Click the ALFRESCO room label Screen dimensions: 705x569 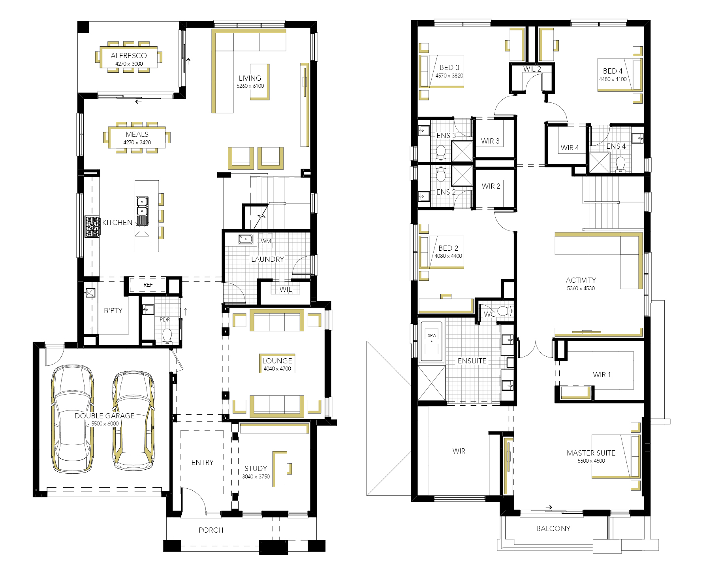129,56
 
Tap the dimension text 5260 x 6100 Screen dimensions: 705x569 250,86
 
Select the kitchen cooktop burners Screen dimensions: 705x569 92,227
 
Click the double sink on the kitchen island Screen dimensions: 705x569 142,211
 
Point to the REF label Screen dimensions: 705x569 148,285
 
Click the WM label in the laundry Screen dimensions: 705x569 266,241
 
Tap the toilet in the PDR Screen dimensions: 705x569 167,336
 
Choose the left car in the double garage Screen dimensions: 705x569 73,418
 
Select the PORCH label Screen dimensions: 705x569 211,530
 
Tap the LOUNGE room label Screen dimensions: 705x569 277,361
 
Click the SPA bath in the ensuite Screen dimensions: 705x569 432,342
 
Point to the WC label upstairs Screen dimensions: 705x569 490,314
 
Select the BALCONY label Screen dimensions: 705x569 553,528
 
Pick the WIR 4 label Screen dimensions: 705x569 570,147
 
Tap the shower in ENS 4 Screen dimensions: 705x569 599,163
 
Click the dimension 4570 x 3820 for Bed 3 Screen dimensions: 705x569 449,76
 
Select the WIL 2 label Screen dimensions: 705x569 532,69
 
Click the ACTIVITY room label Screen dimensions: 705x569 581,280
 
